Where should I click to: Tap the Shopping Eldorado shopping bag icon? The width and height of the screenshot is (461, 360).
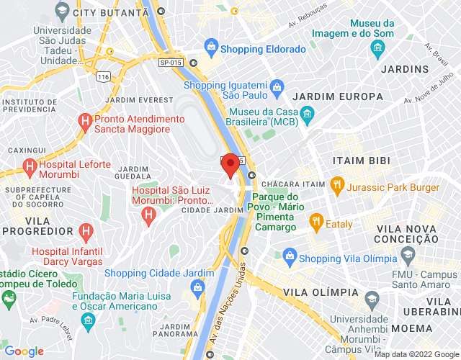211,49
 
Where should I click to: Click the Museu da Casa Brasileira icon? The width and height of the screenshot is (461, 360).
307,114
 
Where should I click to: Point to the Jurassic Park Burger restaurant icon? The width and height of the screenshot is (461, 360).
336,185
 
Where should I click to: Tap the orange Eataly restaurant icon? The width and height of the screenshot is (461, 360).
315,222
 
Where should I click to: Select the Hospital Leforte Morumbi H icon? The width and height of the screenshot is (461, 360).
30,168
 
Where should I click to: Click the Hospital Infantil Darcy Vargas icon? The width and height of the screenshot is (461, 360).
86,233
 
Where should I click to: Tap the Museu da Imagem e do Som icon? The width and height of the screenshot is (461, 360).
377,48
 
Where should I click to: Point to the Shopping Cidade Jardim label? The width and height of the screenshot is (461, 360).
159,273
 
